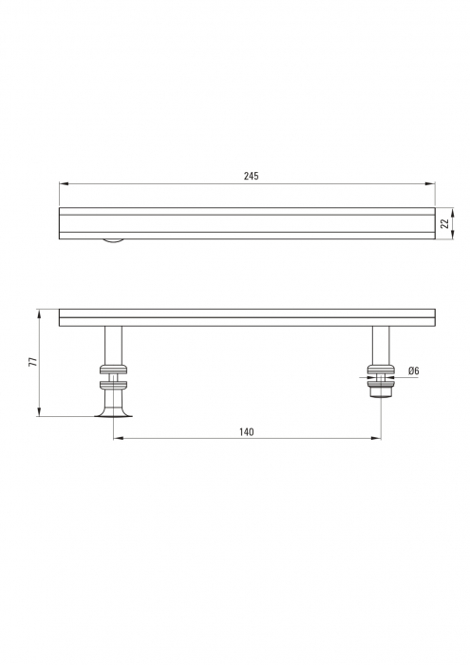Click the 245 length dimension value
251,176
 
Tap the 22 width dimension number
444,223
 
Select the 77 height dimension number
32,362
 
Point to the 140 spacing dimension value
247,431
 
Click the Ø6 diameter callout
414,370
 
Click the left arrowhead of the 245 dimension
64,183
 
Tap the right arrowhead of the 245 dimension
430,183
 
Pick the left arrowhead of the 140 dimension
119,438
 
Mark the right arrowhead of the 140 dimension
375,438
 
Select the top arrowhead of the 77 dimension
39,314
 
